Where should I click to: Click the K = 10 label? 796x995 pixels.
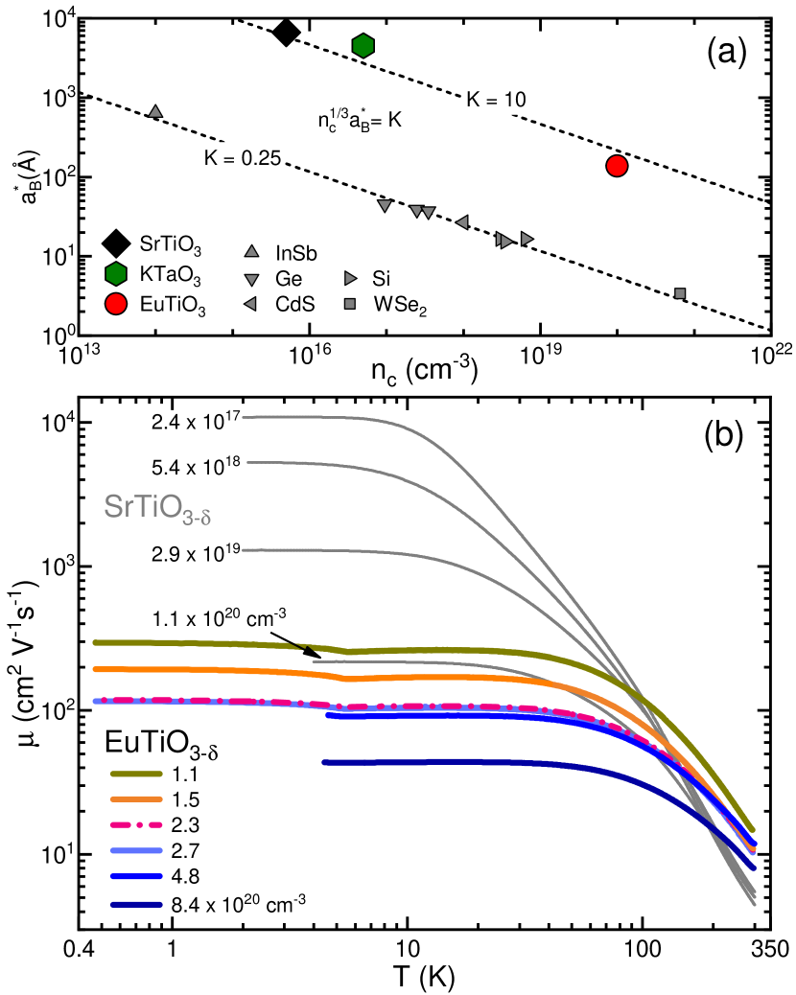point(496,100)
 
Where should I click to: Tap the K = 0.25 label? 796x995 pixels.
point(243,158)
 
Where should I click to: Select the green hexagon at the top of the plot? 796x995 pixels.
point(363,46)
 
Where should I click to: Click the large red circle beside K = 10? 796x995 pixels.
point(617,166)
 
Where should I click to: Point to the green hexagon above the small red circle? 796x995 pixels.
point(116,274)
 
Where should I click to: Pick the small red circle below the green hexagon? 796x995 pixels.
point(116,304)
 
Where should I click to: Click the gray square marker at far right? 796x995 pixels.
point(680,293)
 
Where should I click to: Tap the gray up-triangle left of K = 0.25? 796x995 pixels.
point(155,112)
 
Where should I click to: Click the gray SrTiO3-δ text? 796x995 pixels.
point(157,508)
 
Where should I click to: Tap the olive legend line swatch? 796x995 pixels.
point(136,774)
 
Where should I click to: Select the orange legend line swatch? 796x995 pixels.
point(136,798)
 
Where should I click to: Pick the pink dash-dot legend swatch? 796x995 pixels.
point(136,824)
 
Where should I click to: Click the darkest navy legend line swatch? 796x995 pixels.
point(136,904)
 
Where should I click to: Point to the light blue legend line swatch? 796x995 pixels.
point(136,850)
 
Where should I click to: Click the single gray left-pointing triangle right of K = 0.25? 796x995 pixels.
point(461,222)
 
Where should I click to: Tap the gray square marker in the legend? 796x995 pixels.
point(350,304)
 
